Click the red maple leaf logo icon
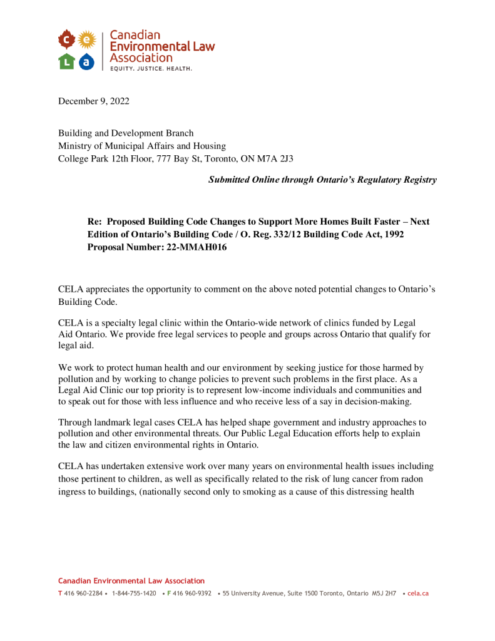[66, 40]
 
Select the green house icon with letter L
[66, 61]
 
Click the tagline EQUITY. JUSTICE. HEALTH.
[151, 68]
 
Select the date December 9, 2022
[94, 101]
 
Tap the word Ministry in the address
[74, 146]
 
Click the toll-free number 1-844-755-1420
[134, 593]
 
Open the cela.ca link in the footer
[418, 593]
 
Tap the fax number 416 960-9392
[192, 593]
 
